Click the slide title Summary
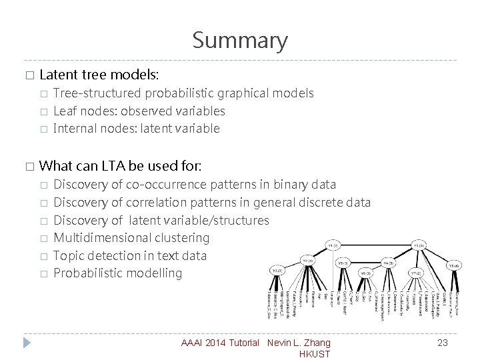tap(240, 41)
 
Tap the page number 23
tap(442, 343)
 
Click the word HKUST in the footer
tap(315, 354)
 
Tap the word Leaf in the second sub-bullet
tap(65, 111)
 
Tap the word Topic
tap(68, 255)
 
